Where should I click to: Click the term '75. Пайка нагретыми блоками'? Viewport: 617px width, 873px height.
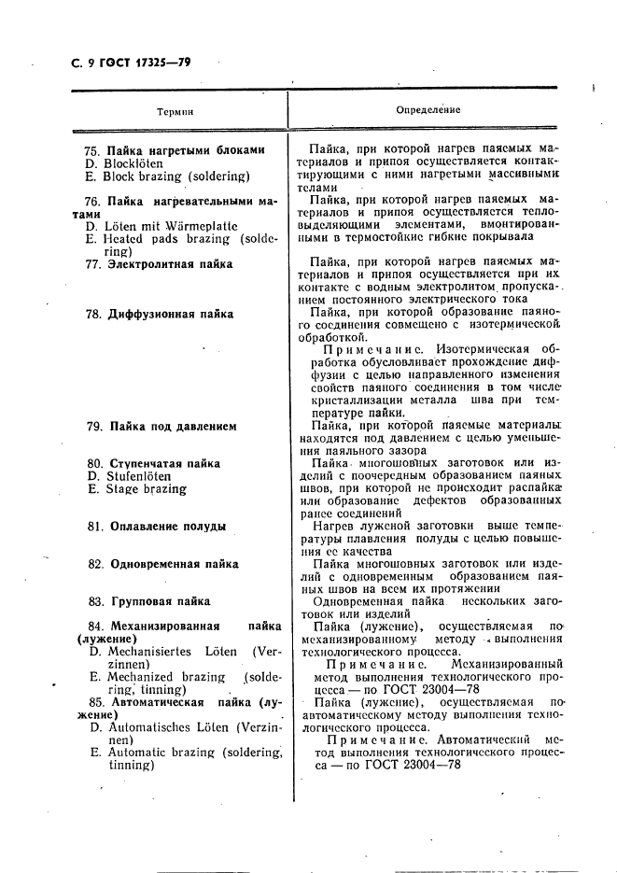click(174, 150)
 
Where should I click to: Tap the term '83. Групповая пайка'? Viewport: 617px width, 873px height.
click(148, 601)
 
